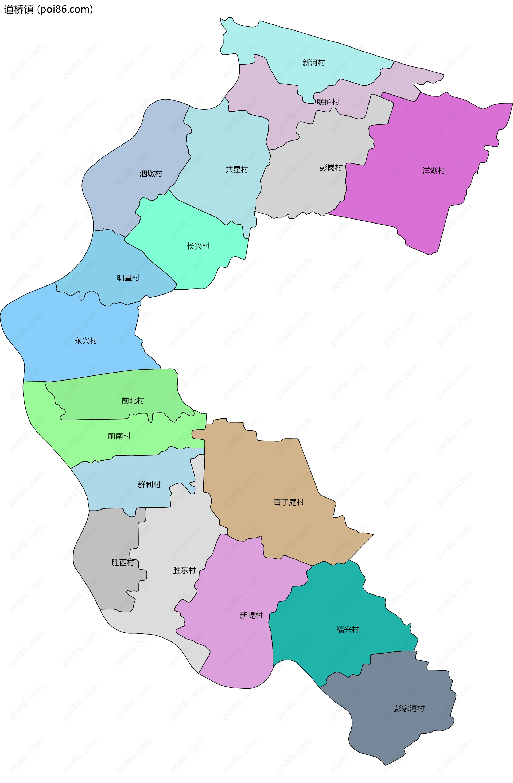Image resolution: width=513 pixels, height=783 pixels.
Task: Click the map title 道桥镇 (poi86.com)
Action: click(x=48, y=9)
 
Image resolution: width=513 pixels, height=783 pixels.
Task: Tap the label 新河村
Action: click(x=314, y=62)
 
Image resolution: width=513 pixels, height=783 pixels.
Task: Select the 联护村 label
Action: click(x=328, y=102)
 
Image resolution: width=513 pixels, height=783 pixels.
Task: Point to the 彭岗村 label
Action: click(x=331, y=167)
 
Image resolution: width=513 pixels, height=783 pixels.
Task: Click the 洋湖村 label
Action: click(x=433, y=171)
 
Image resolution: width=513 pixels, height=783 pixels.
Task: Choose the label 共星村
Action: click(x=236, y=169)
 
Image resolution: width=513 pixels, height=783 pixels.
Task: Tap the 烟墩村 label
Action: click(x=151, y=173)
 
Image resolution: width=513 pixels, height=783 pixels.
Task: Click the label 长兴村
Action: click(x=198, y=246)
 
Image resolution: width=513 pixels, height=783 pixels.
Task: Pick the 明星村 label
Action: click(x=128, y=278)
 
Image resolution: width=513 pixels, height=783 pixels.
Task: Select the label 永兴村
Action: click(x=86, y=341)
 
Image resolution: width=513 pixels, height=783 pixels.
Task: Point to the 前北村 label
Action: click(x=133, y=401)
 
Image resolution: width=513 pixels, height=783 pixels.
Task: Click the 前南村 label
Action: click(x=119, y=436)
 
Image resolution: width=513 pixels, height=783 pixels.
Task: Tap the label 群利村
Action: click(x=149, y=485)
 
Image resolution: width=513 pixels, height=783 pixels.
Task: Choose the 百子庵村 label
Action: click(x=289, y=502)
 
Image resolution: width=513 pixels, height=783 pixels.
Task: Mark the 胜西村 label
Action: click(x=123, y=563)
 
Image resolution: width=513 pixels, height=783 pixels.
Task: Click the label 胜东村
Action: click(x=184, y=570)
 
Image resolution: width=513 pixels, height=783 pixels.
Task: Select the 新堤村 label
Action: click(x=251, y=615)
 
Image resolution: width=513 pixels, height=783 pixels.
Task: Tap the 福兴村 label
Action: click(x=348, y=629)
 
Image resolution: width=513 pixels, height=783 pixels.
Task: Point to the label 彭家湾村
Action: click(x=409, y=708)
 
